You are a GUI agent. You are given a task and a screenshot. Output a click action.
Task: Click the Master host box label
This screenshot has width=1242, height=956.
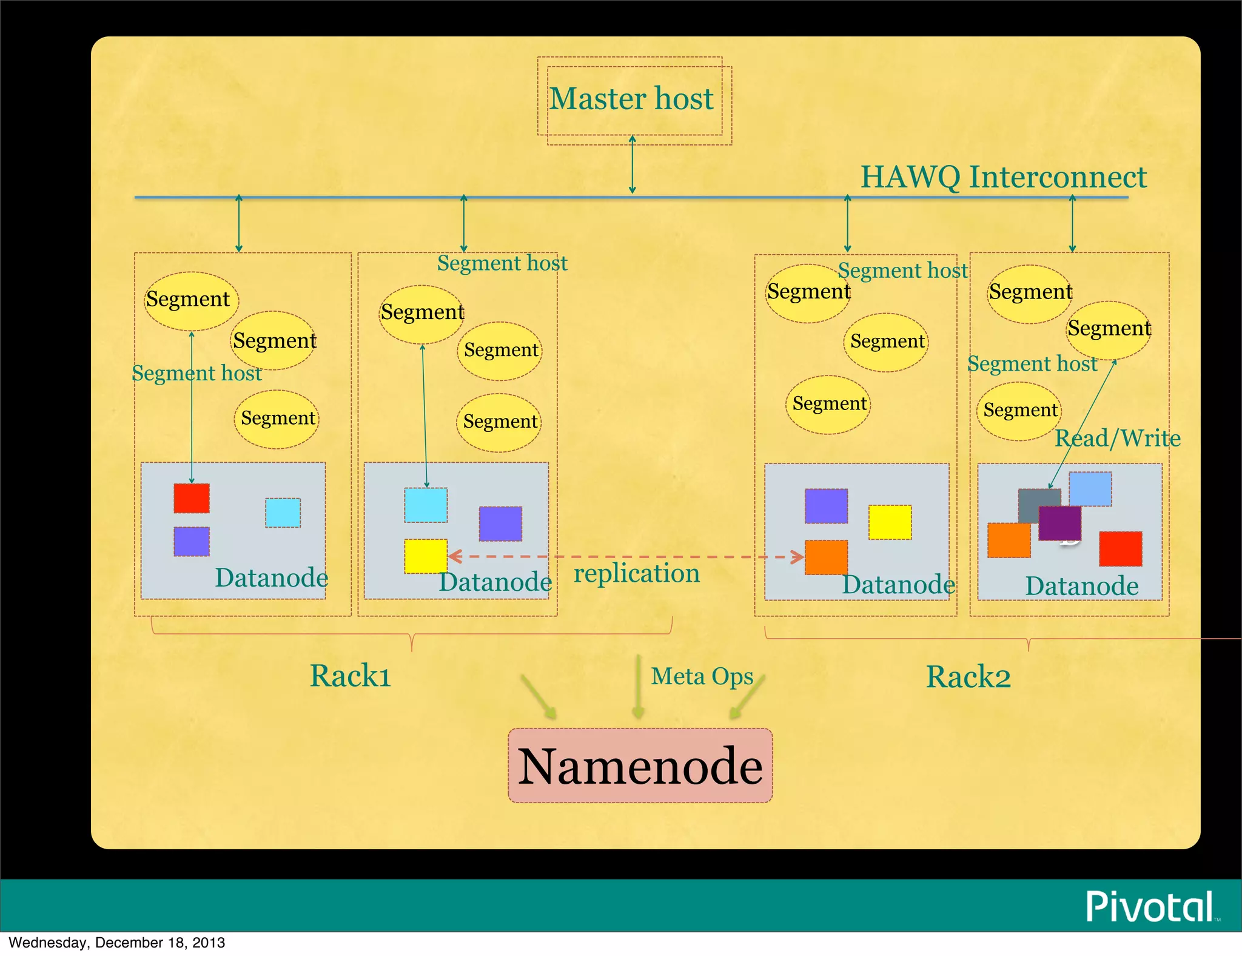(631, 99)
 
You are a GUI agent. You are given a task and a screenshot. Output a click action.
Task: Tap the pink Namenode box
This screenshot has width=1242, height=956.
(640, 766)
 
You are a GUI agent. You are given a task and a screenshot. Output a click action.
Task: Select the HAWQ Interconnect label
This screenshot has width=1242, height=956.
(1003, 177)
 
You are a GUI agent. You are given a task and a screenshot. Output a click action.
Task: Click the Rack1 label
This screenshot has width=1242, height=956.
(351, 676)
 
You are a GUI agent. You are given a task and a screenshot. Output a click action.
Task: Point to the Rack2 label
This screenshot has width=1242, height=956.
(968, 677)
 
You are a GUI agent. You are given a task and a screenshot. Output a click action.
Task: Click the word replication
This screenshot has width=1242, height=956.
(637, 573)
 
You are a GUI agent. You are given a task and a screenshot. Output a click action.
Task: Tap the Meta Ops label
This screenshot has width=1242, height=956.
(702, 676)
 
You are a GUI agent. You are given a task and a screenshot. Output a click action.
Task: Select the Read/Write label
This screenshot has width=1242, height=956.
(1118, 438)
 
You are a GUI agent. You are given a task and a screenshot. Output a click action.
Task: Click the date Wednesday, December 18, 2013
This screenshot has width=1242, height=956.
(116, 943)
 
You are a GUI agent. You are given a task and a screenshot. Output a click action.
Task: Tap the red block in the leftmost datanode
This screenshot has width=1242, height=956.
(192, 498)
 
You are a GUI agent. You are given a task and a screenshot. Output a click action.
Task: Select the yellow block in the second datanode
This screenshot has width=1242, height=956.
(426, 556)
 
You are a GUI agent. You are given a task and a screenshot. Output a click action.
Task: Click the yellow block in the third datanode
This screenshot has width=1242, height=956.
(890, 522)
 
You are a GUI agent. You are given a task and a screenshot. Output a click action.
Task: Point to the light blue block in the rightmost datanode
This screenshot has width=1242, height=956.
(1090, 489)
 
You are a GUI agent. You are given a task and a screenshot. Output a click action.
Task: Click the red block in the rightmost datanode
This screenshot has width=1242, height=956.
(1121, 549)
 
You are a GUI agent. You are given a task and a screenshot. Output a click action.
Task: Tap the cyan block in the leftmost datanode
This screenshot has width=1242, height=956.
(283, 513)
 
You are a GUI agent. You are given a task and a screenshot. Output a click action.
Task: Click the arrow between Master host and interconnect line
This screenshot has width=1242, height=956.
(632, 164)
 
